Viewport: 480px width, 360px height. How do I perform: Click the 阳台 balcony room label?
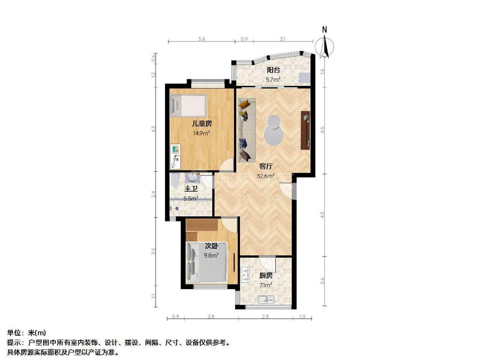click(273, 70)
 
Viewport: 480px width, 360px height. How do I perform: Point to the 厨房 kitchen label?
click(265, 276)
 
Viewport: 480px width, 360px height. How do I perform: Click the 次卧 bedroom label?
click(211, 246)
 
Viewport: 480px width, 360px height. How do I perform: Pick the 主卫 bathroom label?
click(191, 189)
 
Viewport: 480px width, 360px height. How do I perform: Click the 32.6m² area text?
click(265, 175)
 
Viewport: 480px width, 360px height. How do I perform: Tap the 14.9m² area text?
click(201, 133)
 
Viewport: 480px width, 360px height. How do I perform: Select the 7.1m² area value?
click(265, 285)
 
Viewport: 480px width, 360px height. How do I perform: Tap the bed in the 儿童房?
click(188, 106)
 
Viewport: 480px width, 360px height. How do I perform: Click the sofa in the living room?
click(246, 130)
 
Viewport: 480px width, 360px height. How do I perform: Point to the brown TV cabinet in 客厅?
click(305, 130)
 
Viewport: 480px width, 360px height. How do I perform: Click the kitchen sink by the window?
click(265, 299)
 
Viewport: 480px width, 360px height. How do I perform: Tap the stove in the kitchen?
click(245, 275)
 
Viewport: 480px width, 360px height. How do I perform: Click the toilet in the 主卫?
click(175, 181)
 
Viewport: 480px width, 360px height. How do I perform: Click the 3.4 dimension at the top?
click(202, 39)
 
